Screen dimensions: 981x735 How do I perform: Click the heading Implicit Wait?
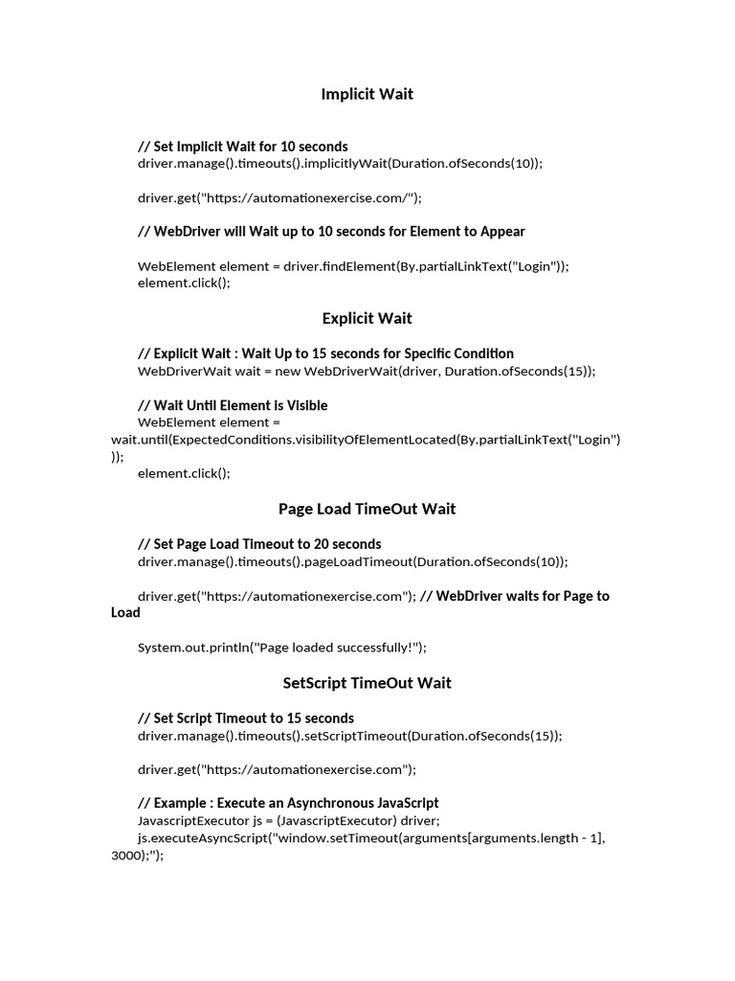click(x=367, y=94)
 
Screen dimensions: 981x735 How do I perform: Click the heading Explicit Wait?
click(x=367, y=318)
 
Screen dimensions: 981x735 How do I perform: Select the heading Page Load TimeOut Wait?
click(x=367, y=509)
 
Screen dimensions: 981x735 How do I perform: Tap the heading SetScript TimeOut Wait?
click(x=367, y=683)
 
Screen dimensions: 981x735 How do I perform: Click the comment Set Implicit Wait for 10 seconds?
click(x=243, y=147)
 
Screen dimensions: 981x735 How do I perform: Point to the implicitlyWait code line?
click(x=340, y=164)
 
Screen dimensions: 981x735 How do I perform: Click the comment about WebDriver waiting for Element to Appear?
click(x=331, y=231)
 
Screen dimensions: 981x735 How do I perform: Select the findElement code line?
click(x=353, y=266)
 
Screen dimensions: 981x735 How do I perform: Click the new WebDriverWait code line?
click(x=367, y=371)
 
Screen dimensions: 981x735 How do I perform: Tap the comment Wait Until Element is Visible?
click(x=233, y=405)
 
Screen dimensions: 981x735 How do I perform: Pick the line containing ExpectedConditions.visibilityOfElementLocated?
click(x=367, y=440)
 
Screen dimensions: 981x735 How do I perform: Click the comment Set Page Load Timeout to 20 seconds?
click(x=259, y=544)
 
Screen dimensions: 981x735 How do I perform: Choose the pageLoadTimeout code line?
click(x=352, y=561)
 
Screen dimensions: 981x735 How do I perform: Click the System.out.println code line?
click(x=282, y=648)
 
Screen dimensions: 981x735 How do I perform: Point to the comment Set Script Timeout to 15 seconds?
click(x=246, y=719)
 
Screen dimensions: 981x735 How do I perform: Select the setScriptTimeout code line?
click(x=350, y=736)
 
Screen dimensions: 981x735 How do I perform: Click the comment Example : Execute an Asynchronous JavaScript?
click(x=288, y=803)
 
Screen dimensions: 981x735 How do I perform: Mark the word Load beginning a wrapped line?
click(x=125, y=613)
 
